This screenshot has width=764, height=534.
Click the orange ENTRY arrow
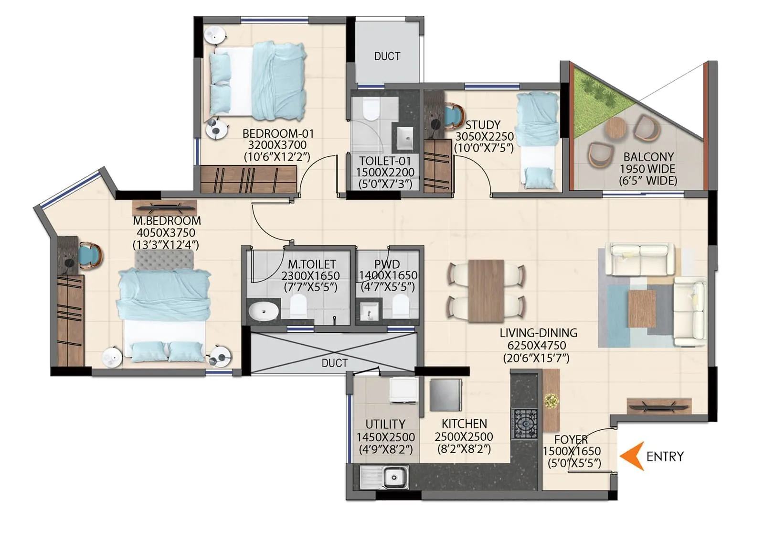pyautogui.click(x=631, y=456)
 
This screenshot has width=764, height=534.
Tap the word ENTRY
pyautogui.click(x=665, y=457)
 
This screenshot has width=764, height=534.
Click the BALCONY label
pyautogui.click(x=648, y=157)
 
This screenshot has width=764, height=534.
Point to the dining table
pyautogui.click(x=486, y=291)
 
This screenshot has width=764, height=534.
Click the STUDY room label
pyautogui.click(x=483, y=125)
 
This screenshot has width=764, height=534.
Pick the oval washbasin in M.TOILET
pyautogui.click(x=263, y=311)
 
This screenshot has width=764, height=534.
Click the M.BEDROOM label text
pyautogui.click(x=167, y=221)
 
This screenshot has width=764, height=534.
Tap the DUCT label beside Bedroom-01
pyautogui.click(x=387, y=56)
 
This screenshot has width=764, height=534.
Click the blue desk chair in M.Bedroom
pyautogui.click(x=90, y=255)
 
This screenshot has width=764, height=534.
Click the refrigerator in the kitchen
pyautogui.click(x=446, y=395)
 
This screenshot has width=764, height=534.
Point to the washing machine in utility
pyautogui.click(x=403, y=390)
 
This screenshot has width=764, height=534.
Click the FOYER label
pyautogui.click(x=571, y=439)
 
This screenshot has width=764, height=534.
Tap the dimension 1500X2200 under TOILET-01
pyautogui.click(x=385, y=172)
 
